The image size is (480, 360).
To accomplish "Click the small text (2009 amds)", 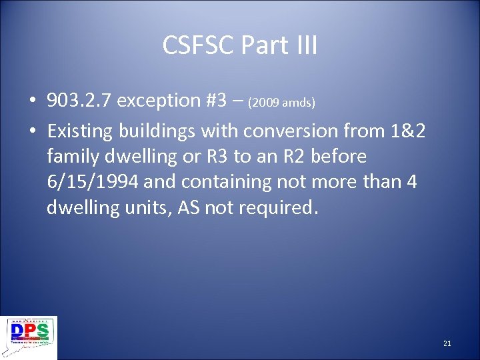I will pos(281,103).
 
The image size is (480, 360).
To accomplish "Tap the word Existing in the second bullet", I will pos(81,131).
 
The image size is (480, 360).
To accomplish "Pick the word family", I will pos(75,157).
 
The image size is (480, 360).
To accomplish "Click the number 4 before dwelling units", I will pos(411,182).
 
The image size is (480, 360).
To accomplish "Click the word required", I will pos(283,207).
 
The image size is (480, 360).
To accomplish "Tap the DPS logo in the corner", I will pos(30,337).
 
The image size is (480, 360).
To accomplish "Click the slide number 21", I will pos(447,343).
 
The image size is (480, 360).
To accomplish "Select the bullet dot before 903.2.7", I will pos(32,101).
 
